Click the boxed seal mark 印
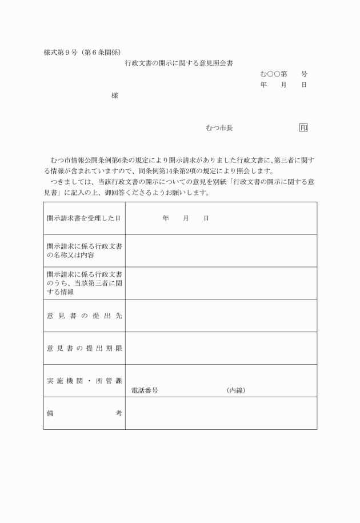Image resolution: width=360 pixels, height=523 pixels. pyautogui.click(x=303, y=128)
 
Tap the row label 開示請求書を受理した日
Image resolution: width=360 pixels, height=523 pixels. pyautogui.click(x=84, y=218)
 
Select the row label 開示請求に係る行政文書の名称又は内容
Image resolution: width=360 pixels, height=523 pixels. pyautogui.click(x=84, y=250)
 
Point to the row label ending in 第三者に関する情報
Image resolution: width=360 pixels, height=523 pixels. pyautogui.click(x=84, y=283)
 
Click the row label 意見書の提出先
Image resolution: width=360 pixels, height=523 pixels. pyautogui.click(x=84, y=316)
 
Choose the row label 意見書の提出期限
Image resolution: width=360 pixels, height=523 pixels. pyautogui.click(x=84, y=348)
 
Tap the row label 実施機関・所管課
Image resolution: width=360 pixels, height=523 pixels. pyautogui.click(x=84, y=381)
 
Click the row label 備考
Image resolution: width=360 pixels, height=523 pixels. pyautogui.click(x=84, y=413)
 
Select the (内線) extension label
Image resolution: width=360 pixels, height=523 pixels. pyautogui.click(x=236, y=391)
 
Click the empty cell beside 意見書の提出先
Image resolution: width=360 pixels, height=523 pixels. pyautogui.click(x=221, y=316)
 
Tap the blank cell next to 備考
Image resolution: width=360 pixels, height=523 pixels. pyautogui.click(x=221, y=413)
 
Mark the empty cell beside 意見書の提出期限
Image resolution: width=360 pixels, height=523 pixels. pyautogui.click(x=221, y=348)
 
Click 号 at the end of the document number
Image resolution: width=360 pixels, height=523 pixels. pyautogui.click(x=304, y=74)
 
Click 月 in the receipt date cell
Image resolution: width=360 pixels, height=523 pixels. pyautogui.click(x=186, y=218)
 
